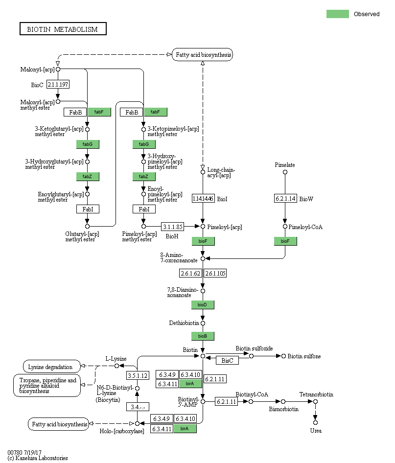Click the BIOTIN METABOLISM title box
pyautogui.click(x=63, y=29)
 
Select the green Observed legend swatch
pyautogui.click(x=337, y=14)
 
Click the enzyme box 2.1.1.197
pyautogui.click(x=58, y=85)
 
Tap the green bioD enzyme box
pyautogui.click(x=203, y=305)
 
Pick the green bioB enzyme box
pyautogui.click(x=203, y=336)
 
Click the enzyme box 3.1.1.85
pyautogui.click(x=173, y=227)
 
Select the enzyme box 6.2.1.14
pyautogui.click(x=285, y=198)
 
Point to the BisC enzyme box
pyautogui.click(x=227, y=360)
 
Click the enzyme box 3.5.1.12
pyautogui.click(x=137, y=375)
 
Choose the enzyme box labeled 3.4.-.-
pyautogui.click(x=137, y=407)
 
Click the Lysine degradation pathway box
pyautogui.click(x=50, y=366)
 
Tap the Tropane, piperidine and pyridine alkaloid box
pyautogui.click(x=47, y=385)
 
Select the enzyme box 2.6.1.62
pyautogui.click(x=190, y=273)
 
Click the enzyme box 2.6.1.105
pyautogui.click(x=215, y=273)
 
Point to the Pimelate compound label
pyautogui.click(x=285, y=165)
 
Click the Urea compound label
pyautogui.click(x=316, y=430)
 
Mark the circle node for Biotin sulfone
pyautogui.click(x=283, y=356)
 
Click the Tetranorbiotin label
pyautogui.click(x=316, y=394)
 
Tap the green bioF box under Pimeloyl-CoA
pyautogui.click(x=285, y=241)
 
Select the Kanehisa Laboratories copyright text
pyautogui.click(x=38, y=458)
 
